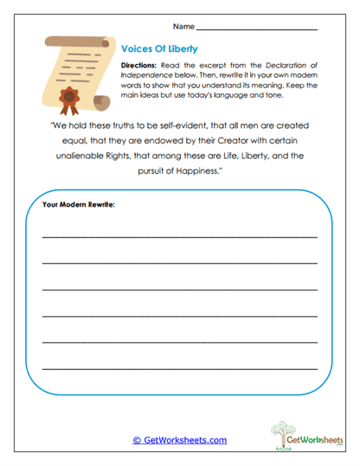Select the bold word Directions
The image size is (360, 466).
[x=138, y=66]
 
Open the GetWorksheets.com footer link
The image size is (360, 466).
[x=179, y=440]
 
